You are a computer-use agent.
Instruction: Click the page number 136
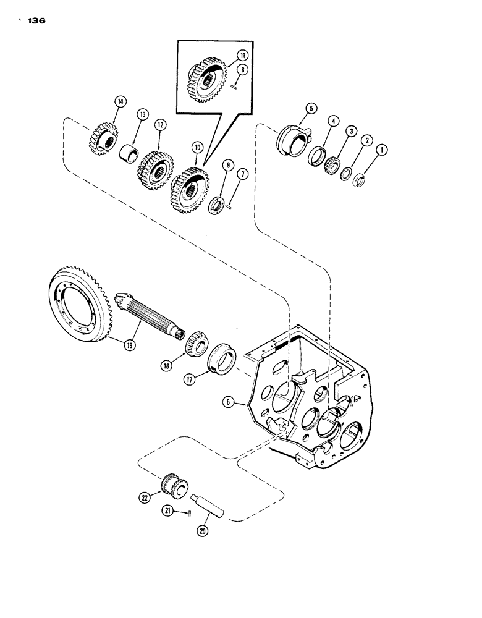(x=37, y=21)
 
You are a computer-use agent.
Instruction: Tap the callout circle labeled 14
(x=119, y=101)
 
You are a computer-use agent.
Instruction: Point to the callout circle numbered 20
(x=205, y=530)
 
